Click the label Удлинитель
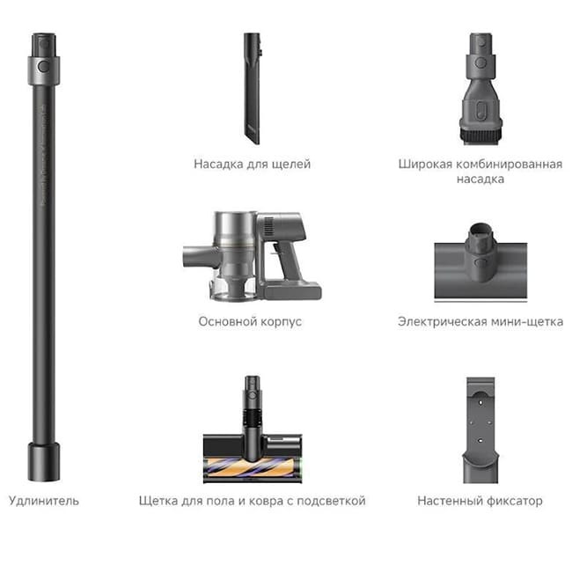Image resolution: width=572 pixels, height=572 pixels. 43,501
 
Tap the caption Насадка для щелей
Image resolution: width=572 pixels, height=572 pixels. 252,164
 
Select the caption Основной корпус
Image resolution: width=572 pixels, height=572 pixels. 250,321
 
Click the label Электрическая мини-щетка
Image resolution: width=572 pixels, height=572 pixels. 480,321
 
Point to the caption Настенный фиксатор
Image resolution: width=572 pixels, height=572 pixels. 480,501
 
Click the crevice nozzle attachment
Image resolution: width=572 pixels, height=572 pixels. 252,88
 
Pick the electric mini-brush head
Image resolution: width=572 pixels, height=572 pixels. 480,260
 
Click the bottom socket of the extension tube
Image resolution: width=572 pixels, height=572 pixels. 43,461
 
